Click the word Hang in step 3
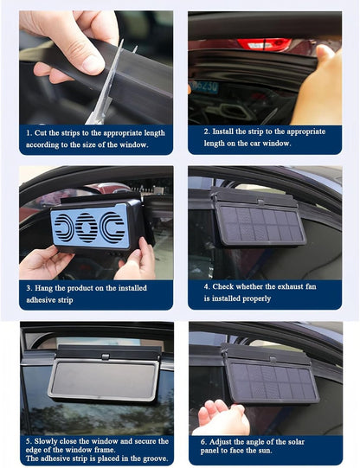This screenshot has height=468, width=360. [46, 288]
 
